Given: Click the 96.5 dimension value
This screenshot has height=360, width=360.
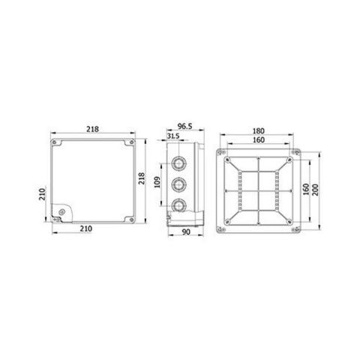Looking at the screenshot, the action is (184, 126).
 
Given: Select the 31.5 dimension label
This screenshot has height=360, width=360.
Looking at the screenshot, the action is (173, 136).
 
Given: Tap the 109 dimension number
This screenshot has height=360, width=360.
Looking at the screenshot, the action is (157, 182).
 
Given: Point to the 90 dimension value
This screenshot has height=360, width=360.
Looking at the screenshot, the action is (186, 232).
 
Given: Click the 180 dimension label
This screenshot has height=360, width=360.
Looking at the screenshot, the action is (258, 130).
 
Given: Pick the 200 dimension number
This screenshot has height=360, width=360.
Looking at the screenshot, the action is (316, 190).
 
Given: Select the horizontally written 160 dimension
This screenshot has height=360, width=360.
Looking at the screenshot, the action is (259, 139).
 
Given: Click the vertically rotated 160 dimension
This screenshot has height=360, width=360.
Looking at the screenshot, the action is (306, 190).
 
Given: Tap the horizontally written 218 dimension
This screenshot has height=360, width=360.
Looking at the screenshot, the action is (92, 129).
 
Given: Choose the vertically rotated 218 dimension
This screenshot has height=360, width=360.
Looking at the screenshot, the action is (142, 178).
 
